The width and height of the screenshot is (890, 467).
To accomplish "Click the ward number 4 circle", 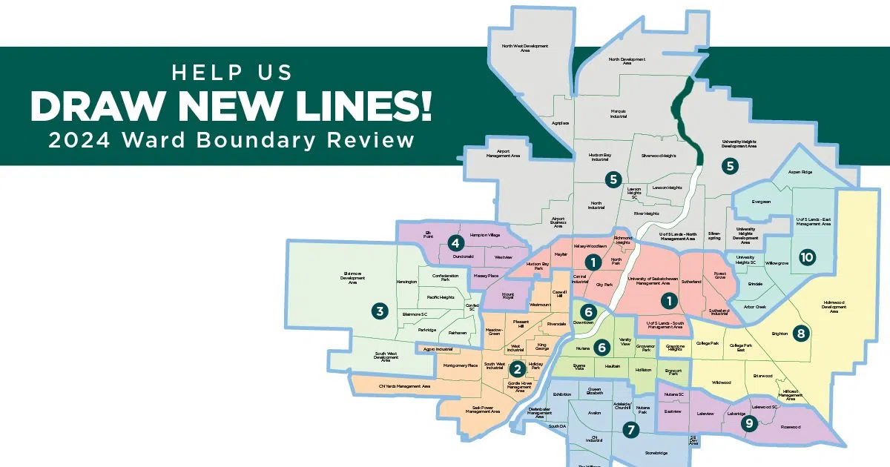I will (x=455, y=242).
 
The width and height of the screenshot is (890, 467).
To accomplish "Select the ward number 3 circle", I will (x=380, y=311).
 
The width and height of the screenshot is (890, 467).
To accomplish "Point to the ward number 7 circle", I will (x=630, y=429).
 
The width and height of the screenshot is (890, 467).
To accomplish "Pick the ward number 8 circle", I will (x=800, y=333).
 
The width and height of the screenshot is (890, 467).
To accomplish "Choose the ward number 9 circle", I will (x=749, y=423).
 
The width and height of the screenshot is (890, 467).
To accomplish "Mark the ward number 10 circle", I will (x=807, y=257).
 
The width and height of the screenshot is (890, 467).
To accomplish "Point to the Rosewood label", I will (x=791, y=427).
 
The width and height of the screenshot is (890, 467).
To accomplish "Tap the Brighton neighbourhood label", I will (x=779, y=334).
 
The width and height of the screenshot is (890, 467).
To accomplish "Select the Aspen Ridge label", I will (x=800, y=172).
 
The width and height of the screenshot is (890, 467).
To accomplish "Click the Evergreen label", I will (x=761, y=202).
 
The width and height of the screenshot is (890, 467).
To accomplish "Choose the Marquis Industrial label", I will (x=619, y=113).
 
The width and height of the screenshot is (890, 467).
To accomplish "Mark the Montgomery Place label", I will (x=461, y=366).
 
